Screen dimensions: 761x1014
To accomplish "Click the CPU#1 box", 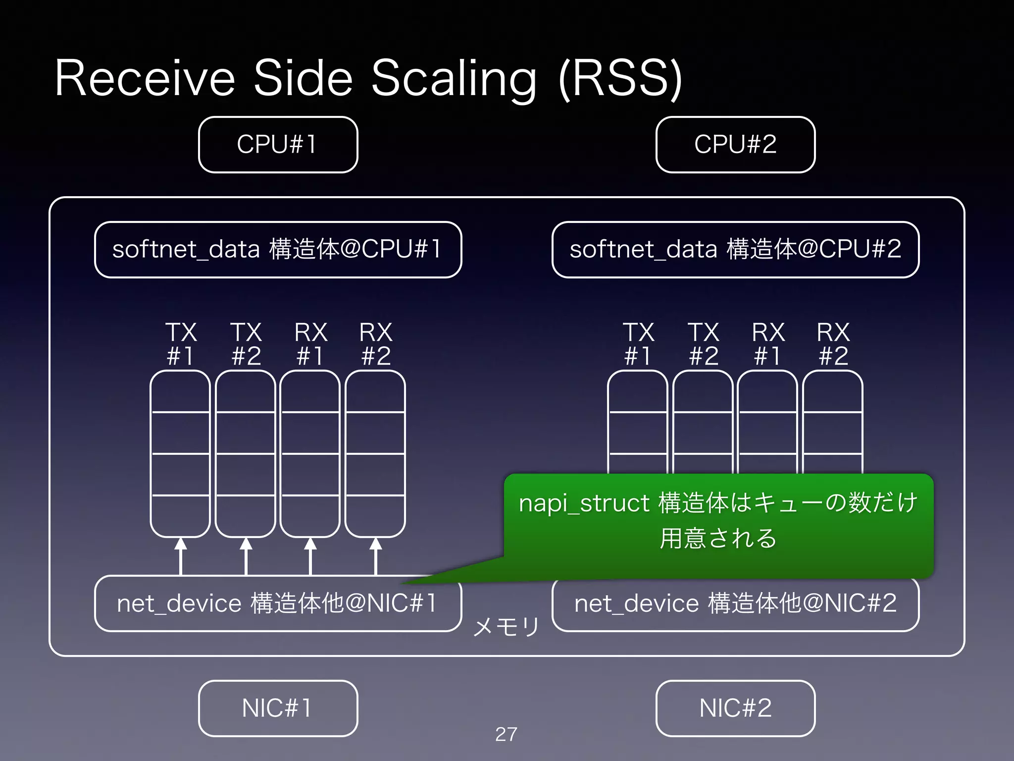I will [x=278, y=145].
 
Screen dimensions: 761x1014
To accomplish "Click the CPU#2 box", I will [x=735, y=145].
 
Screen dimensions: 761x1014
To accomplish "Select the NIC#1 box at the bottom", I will [x=278, y=708].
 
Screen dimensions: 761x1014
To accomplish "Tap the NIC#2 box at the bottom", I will [x=735, y=708].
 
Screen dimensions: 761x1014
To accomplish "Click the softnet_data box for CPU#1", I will [x=278, y=249].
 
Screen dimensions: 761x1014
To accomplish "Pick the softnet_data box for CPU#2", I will [x=735, y=249].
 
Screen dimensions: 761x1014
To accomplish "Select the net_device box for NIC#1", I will [x=278, y=603].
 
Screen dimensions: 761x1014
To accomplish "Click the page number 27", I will [x=506, y=734].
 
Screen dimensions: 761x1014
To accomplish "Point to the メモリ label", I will [x=506, y=627].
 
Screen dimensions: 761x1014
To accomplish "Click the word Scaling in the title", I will [x=454, y=79].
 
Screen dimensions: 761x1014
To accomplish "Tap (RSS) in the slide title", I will [x=620, y=79].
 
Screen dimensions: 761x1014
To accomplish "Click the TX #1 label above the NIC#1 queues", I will [x=181, y=344].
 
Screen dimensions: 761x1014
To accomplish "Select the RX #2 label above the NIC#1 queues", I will [x=376, y=344].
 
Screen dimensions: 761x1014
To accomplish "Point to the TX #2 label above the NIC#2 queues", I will [x=703, y=344].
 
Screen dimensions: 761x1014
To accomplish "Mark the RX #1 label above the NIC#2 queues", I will [x=768, y=344].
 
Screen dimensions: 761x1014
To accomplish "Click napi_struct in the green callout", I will [x=584, y=503].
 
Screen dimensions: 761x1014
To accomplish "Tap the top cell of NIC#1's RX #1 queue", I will [x=310, y=391].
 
